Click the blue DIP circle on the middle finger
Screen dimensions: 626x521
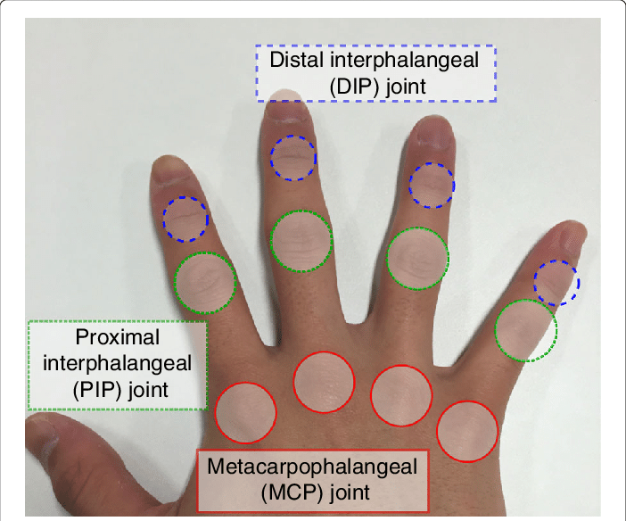292,158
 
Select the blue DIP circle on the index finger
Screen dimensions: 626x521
185,219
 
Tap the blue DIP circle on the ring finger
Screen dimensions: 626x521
432,186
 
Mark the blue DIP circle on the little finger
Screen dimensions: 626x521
556,283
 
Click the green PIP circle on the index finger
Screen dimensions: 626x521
205,282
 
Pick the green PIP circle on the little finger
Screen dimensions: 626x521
526,330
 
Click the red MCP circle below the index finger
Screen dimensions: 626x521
246,412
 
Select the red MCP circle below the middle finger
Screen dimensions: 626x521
324,383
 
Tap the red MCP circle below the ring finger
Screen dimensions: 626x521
401,394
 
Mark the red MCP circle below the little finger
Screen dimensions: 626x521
466,432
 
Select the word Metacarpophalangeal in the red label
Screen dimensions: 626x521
311,465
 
